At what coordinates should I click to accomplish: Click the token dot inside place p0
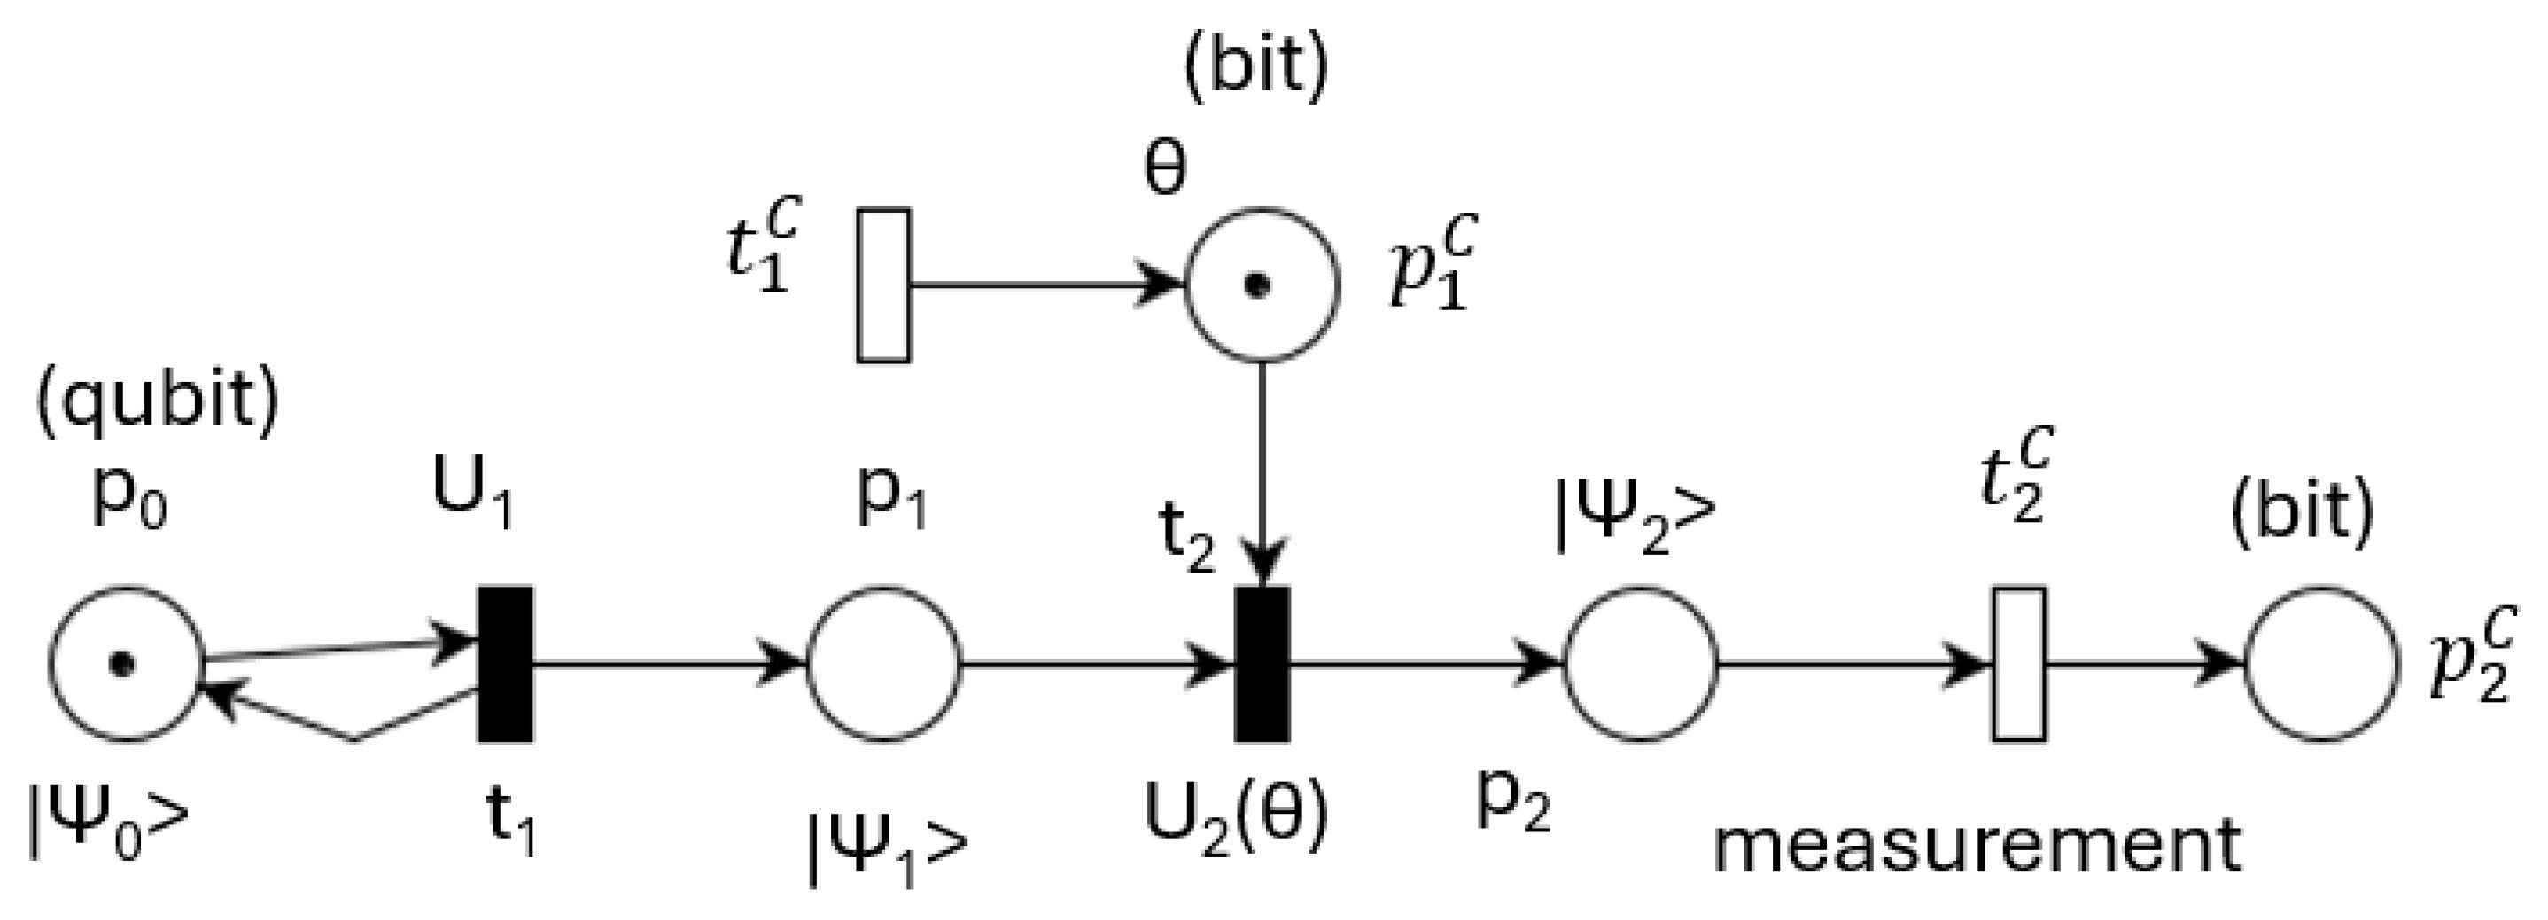point(121,664)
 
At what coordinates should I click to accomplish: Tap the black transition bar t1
point(506,664)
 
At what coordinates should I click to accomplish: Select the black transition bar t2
point(1262,664)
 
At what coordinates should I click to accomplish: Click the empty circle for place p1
point(884,664)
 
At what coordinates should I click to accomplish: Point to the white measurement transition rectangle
point(2019,664)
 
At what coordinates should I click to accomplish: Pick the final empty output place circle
point(2321,664)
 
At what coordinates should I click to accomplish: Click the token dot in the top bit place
point(1257,286)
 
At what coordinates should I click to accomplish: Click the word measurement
point(1977,846)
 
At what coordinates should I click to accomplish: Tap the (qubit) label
point(159,402)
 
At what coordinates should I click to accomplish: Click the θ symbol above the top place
point(1164,169)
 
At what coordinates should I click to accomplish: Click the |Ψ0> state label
point(107,824)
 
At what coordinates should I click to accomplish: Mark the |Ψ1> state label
point(887,849)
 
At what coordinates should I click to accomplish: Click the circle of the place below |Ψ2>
point(1640,664)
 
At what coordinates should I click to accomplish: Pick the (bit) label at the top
point(1256,66)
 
